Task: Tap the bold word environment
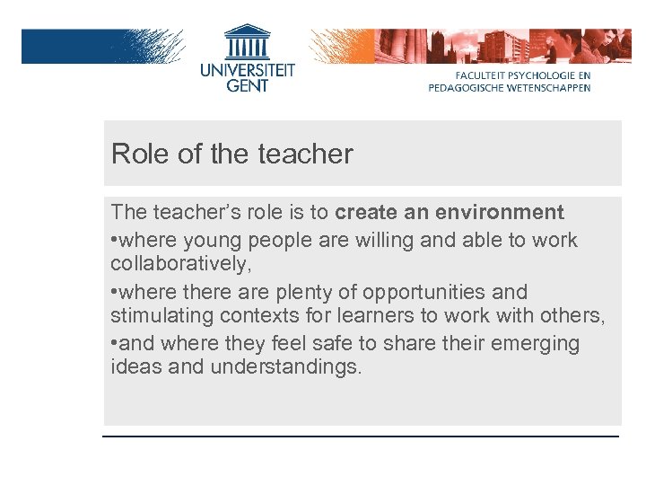pyautogui.click(x=500, y=213)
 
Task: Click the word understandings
pyautogui.click(x=286, y=368)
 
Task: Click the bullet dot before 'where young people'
pyautogui.click(x=114, y=241)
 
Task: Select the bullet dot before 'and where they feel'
pyautogui.click(x=114, y=343)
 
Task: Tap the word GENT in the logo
pyautogui.click(x=247, y=84)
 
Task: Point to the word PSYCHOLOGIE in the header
pyautogui.click(x=537, y=76)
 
